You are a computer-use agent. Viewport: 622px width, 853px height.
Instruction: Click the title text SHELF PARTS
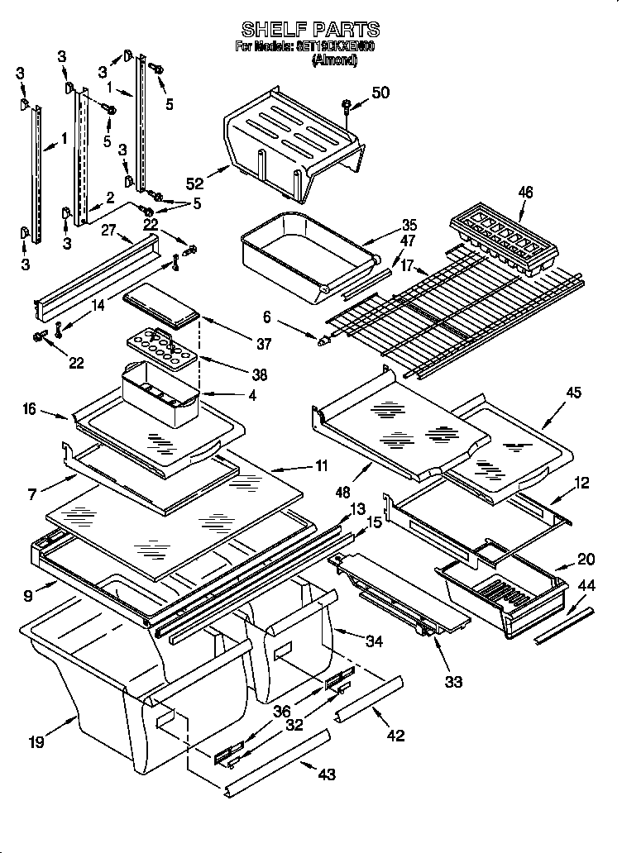coord(309,30)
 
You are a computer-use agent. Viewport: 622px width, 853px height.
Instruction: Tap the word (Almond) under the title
coord(334,60)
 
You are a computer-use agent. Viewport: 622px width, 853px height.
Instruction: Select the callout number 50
coord(380,93)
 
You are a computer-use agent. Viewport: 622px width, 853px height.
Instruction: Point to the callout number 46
coord(525,193)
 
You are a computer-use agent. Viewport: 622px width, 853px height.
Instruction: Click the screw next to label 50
coord(347,105)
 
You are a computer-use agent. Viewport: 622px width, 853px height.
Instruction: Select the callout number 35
coord(409,224)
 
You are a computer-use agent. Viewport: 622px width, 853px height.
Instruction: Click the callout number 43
coord(327,774)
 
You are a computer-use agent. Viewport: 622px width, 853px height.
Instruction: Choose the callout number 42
coord(395,735)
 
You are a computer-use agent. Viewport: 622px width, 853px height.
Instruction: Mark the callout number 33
coord(452,682)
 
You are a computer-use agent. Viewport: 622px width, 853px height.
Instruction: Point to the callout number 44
coord(586,585)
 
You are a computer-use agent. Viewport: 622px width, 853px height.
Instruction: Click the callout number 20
coord(586,558)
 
